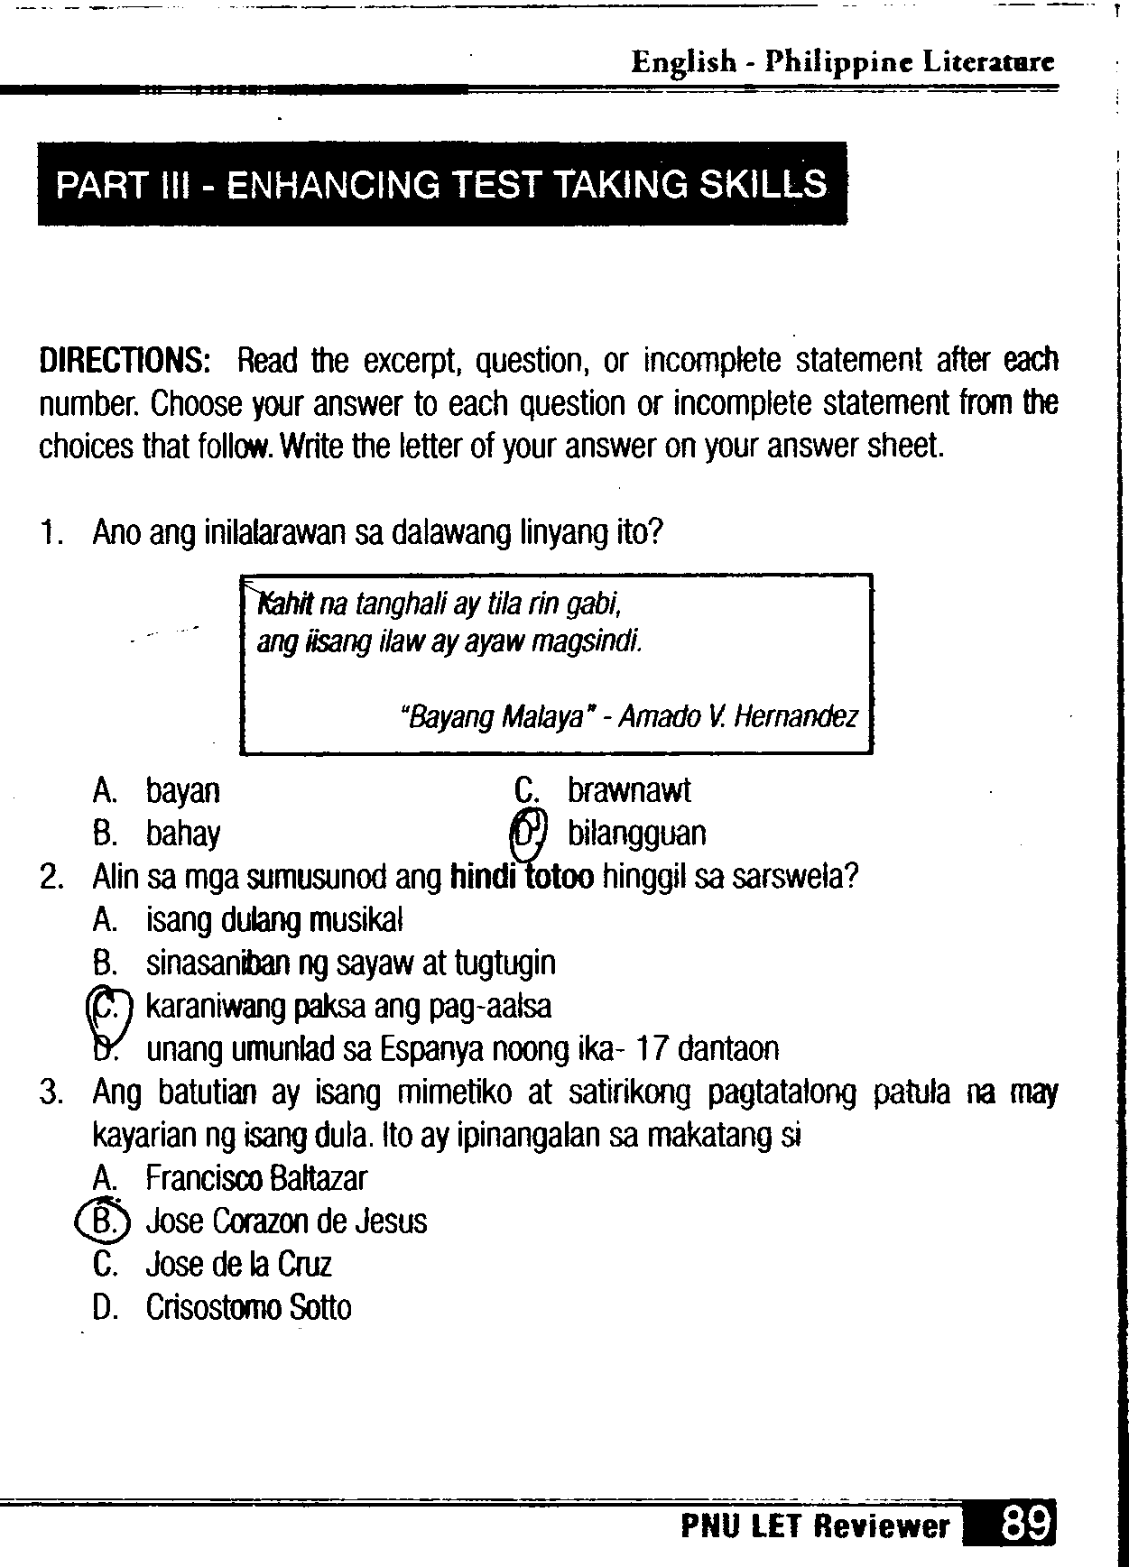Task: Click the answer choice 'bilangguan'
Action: [x=636, y=834]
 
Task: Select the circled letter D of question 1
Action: [x=530, y=833]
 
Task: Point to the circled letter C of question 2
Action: [x=106, y=1007]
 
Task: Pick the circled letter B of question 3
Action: [x=105, y=1221]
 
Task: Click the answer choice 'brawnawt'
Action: [x=628, y=790]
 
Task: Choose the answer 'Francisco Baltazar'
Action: [x=256, y=1178]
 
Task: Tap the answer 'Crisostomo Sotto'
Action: [x=248, y=1308]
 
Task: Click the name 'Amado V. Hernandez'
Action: [x=738, y=718]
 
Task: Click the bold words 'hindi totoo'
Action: [x=522, y=876]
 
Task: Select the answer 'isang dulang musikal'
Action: [x=274, y=920]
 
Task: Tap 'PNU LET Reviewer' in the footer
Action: [x=815, y=1526]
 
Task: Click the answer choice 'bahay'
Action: [x=183, y=834]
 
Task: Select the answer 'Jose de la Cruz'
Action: [x=238, y=1265]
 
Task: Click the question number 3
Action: [x=51, y=1093]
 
